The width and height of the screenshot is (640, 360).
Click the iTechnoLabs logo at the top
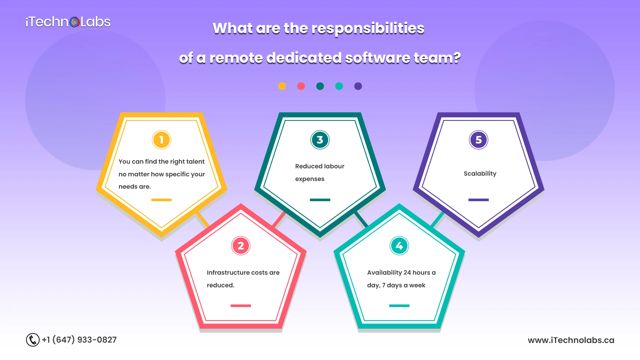[x=68, y=22]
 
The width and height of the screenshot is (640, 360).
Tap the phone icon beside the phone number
[x=33, y=340]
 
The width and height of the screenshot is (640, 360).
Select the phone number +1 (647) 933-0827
[x=79, y=340]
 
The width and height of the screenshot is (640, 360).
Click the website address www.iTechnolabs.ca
[x=571, y=340]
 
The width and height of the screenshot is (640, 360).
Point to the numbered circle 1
[x=162, y=140]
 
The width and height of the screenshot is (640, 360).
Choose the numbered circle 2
[x=241, y=246]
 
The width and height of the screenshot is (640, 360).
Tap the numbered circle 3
[x=320, y=140]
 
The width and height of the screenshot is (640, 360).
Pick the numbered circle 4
[x=399, y=246]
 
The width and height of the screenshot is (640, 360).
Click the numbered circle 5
[x=479, y=140]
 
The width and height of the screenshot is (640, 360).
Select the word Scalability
[x=480, y=174]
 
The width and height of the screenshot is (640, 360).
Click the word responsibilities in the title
[x=368, y=29]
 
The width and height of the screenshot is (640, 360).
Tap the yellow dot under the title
[x=282, y=86]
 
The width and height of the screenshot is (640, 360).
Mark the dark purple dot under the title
[x=358, y=86]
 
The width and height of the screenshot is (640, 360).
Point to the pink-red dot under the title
[x=301, y=86]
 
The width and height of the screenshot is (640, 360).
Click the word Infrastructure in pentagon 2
[x=228, y=273]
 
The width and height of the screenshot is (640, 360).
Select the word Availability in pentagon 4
[x=385, y=273]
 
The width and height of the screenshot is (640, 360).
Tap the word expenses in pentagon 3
[x=310, y=179]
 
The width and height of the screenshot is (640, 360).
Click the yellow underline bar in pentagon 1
[x=162, y=200]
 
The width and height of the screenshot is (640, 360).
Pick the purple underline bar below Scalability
[x=479, y=200]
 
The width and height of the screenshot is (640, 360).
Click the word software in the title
[x=378, y=58]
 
